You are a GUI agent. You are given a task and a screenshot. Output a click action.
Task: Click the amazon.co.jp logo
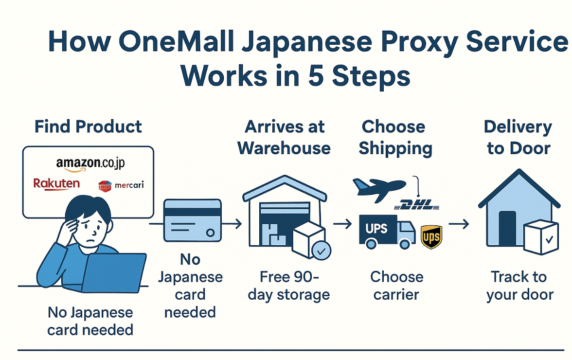tap(90, 164)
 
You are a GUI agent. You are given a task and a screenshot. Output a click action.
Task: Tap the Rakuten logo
tap(56, 184)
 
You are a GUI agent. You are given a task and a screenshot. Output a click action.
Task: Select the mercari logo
tap(121, 185)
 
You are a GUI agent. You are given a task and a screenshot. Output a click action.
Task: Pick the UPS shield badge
tap(431, 237)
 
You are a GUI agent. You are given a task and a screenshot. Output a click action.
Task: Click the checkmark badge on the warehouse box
tap(321, 252)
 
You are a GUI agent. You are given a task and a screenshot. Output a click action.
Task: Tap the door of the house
tap(507, 229)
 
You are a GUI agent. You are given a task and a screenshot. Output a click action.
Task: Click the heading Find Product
tap(88, 127)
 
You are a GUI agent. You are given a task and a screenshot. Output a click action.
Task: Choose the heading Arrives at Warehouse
tap(284, 137)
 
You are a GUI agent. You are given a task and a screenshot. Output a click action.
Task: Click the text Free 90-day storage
tap(289, 286)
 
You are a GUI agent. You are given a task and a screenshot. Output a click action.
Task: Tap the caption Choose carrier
tap(396, 286)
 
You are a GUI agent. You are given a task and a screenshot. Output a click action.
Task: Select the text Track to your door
tap(519, 286)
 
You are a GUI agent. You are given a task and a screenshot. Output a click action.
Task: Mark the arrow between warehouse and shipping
tap(342, 224)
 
